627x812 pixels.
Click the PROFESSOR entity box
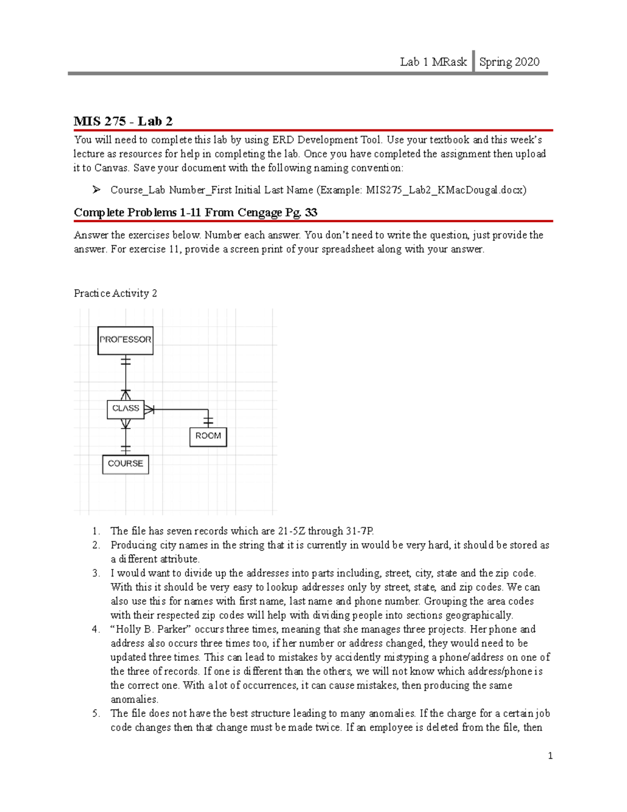tap(125, 340)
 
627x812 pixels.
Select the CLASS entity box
tap(125, 409)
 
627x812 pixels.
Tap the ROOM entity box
tap(208, 437)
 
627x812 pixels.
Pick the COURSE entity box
tap(125, 464)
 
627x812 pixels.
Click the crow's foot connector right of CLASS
tap(149, 409)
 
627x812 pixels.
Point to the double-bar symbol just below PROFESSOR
tap(125, 361)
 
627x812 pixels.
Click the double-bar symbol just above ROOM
tap(208, 421)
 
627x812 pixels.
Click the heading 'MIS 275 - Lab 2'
tap(123, 121)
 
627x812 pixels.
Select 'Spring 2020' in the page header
tap(509, 62)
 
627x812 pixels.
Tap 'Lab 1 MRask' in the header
tap(433, 62)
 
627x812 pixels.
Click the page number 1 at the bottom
tap(550, 756)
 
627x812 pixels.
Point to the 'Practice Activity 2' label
tap(115, 293)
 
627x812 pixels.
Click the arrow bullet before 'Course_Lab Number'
tap(97, 190)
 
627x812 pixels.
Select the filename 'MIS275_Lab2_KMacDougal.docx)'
tap(446, 190)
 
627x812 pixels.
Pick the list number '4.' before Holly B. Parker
tap(96, 630)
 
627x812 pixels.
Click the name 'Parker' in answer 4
tap(171, 630)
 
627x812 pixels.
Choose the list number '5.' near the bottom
tap(96, 714)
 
